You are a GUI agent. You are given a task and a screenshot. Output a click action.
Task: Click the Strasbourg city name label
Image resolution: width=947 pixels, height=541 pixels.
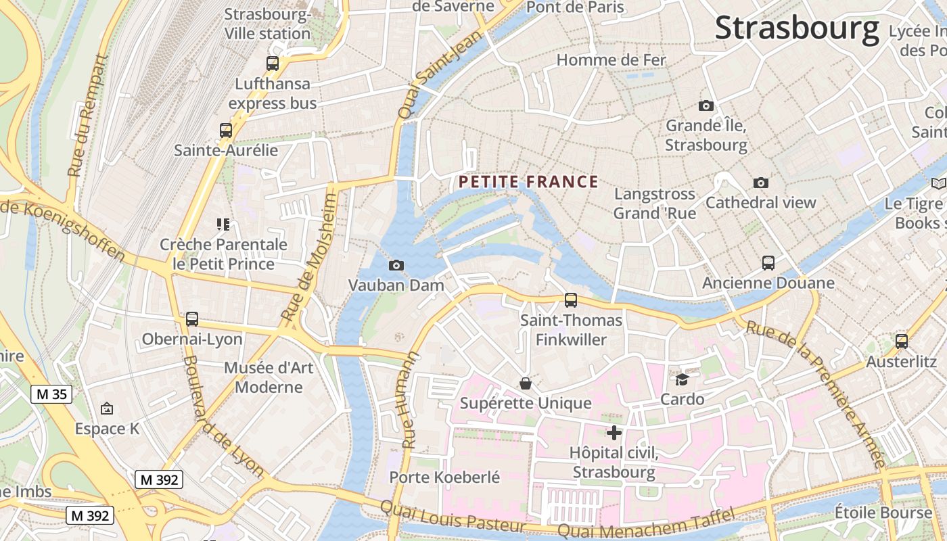pyautogui.click(x=797, y=28)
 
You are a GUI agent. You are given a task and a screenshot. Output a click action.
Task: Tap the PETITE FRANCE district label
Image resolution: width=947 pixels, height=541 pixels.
pyautogui.click(x=528, y=182)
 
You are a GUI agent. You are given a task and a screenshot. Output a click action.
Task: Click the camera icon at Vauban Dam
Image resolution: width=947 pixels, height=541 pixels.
pyautogui.click(x=396, y=265)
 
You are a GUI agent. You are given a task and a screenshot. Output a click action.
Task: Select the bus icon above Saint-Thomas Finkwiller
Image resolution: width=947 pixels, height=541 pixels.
pyautogui.click(x=571, y=300)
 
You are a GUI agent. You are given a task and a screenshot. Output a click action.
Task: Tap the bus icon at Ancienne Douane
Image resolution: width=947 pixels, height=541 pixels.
pyautogui.click(x=768, y=263)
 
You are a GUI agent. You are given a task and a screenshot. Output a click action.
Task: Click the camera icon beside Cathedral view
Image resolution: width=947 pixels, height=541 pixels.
pyautogui.click(x=761, y=183)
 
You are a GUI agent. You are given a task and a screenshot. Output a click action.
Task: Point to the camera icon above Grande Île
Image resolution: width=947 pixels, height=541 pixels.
pyautogui.click(x=706, y=105)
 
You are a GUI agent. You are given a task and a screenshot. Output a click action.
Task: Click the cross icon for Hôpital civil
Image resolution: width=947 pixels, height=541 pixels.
pyautogui.click(x=614, y=433)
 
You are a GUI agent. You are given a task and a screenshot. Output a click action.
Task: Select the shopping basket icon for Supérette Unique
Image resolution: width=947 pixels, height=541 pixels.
pyautogui.click(x=526, y=383)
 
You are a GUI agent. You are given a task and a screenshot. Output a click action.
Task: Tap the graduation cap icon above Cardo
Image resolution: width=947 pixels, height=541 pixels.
pyautogui.click(x=682, y=379)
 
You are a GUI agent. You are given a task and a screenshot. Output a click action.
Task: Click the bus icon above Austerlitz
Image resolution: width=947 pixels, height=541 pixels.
pyautogui.click(x=901, y=342)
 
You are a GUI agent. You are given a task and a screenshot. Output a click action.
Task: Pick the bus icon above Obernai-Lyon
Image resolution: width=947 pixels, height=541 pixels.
pyautogui.click(x=192, y=319)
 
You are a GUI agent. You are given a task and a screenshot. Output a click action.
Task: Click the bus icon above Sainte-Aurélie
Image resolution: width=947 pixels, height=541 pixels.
pyautogui.click(x=226, y=131)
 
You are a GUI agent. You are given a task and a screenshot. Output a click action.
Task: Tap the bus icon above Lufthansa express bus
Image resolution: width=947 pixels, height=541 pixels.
pyautogui.click(x=273, y=64)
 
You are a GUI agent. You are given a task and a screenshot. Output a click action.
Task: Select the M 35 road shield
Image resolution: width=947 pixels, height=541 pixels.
pyautogui.click(x=51, y=394)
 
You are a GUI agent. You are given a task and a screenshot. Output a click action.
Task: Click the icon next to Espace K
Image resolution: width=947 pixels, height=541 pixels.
pyautogui.click(x=106, y=408)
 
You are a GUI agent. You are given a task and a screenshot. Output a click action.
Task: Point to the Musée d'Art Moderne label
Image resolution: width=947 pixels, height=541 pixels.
pyautogui.click(x=269, y=377)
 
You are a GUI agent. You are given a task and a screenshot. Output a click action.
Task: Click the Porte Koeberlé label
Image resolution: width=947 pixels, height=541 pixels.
pyautogui.click(x=444, y=477)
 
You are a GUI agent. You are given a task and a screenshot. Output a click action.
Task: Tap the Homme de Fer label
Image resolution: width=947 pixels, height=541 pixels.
pyautogui.click(x=611, y=60)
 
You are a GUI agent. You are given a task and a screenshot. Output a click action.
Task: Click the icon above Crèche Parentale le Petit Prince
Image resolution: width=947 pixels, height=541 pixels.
pyautogui.click(x=223, y=224)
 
